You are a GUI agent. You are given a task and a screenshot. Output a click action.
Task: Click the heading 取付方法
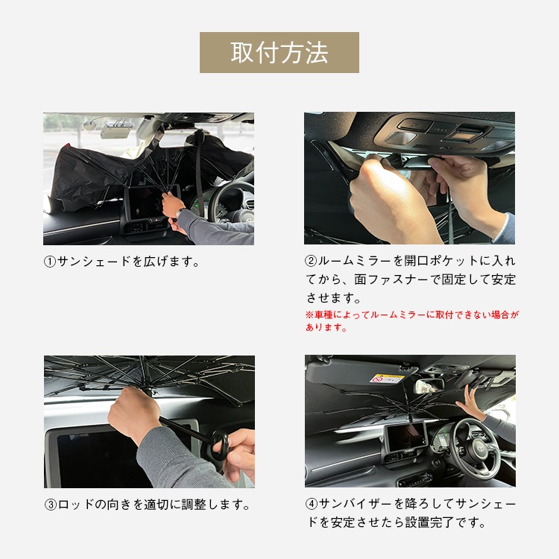pyautogui.click(x=279, y=52)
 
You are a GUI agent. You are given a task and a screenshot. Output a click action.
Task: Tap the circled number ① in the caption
pyautogui.click(x=50, y=262)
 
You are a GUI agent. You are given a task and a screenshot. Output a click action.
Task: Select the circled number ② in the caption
pyautogui.click(x=311, y=261)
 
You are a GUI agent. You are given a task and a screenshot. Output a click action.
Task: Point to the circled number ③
pyautogui.click(x=51, y=505)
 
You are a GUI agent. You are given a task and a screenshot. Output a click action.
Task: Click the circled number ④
pyautogui.click(x=312, y=504)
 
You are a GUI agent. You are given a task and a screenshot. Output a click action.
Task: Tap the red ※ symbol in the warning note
pyautogui.click(x=309, y=315)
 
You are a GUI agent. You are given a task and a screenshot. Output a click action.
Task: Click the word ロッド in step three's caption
pyautogui.click(x=75, y=505)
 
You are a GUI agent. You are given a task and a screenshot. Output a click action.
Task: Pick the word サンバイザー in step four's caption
pyautogui.click(x=356, y=504)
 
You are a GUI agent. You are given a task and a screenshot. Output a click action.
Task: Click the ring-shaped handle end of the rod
pyautogui.click(x=220, y=445)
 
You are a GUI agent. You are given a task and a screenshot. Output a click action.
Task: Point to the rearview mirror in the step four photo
pyautogui.click(x=429, y=386)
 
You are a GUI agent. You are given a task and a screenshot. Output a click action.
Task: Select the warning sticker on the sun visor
pyautogui.click(x=387, y=378)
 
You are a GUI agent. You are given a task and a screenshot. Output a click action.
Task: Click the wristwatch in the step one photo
pyautogui.click(x=180, y=213)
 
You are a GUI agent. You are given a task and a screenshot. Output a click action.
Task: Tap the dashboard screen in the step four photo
pyautogui.click(x=406, y=436)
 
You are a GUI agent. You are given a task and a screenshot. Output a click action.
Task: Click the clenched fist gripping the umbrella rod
pyautogui.click(x=133, y=415)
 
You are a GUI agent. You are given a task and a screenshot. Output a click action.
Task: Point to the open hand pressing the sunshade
pyautogui.click(x=470, y=402)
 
